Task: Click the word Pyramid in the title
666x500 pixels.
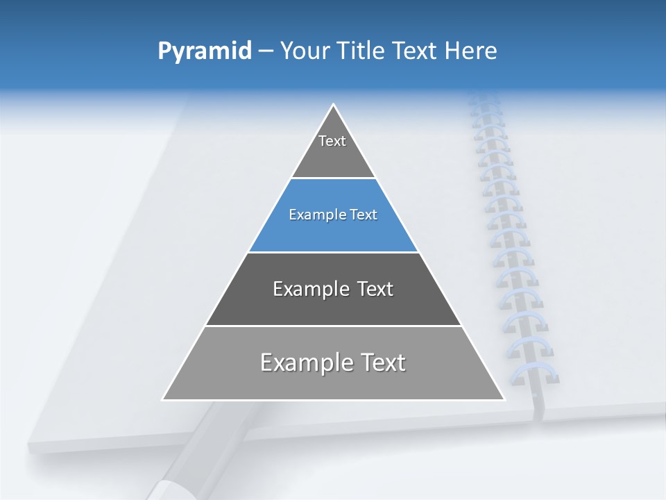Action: click(x=204, y=51)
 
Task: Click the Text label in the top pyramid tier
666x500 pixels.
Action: click(x=332, y=141)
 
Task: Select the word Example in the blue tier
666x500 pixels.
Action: click(x=313, y=215)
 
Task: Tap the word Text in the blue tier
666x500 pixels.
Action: click(x=364, y=215)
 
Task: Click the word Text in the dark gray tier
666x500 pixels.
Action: click(x=375, y=289)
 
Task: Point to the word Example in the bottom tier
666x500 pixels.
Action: click(x=303, y=362)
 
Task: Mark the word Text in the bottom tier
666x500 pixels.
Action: click(x=382, y=362)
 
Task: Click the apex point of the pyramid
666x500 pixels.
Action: click(x=333, y=105)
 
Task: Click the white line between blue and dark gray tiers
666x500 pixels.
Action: click(x=333, y=252)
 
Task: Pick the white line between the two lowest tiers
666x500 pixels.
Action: click(x=333, y=326)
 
